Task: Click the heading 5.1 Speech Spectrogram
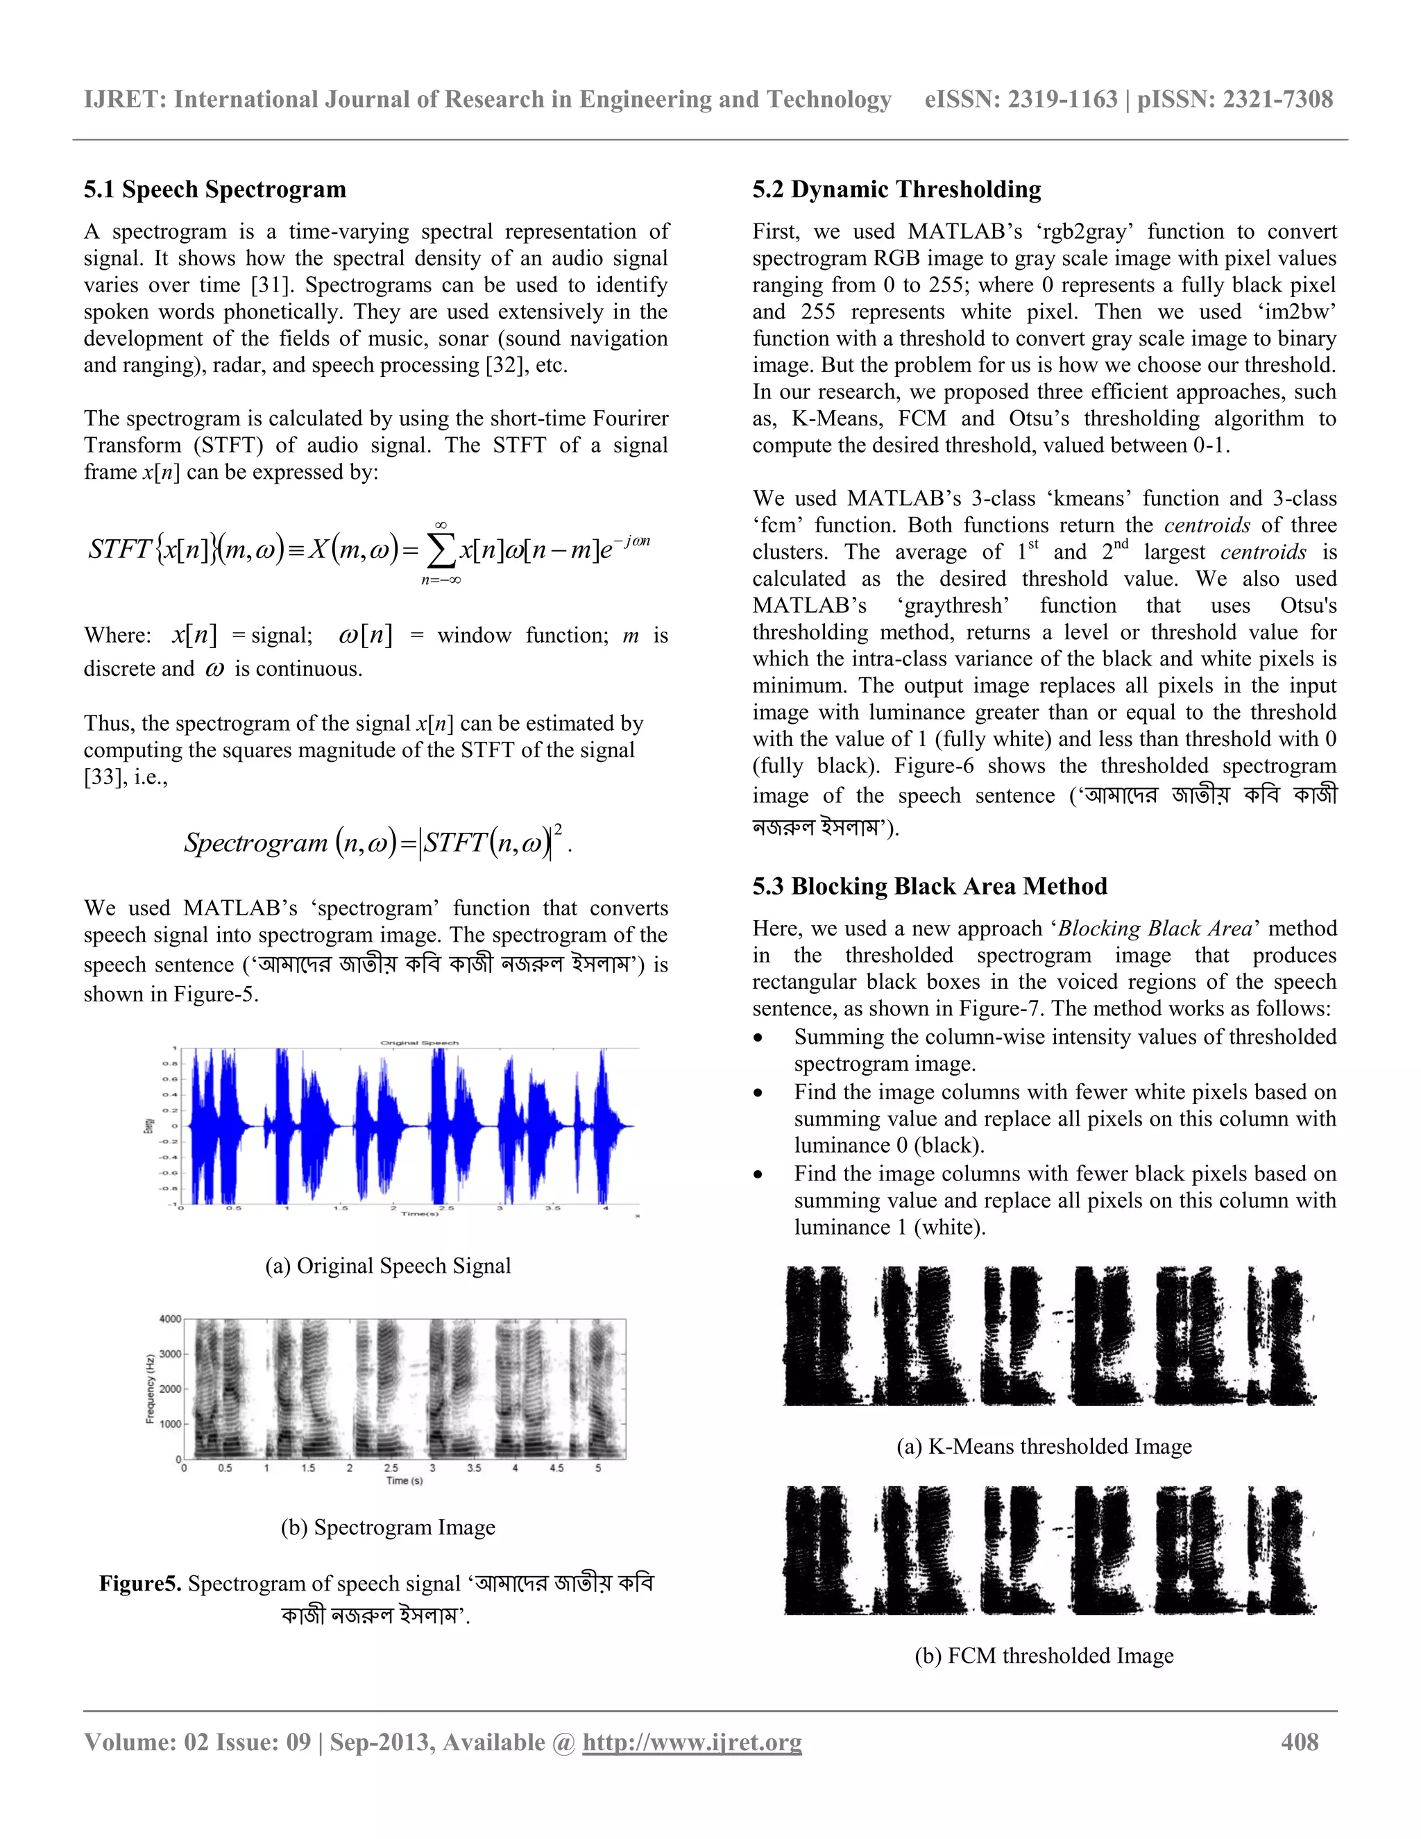[x=214, y=189]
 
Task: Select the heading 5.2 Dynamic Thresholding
[x=896, y=189]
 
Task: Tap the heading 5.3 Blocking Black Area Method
[x=929, y=887]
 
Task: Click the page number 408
[x=1299, y=1742]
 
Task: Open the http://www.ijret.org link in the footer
[x=692, y=1742]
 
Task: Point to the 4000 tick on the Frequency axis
[x=170, y=1319]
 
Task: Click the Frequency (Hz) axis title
[x=150, y=1389]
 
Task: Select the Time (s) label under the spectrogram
[x=404, y=1480]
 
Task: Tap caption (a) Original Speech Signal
[x=388, y=1266]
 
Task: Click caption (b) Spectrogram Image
[x=388, y=1527]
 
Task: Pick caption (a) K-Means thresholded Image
[x=1044, y=1447]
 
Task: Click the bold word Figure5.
[x=139, y=1584]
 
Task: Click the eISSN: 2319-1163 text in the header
[x=1020, y=99]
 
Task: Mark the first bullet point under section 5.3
[x=758, y=1038]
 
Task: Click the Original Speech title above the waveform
[x=419, y=1042]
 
